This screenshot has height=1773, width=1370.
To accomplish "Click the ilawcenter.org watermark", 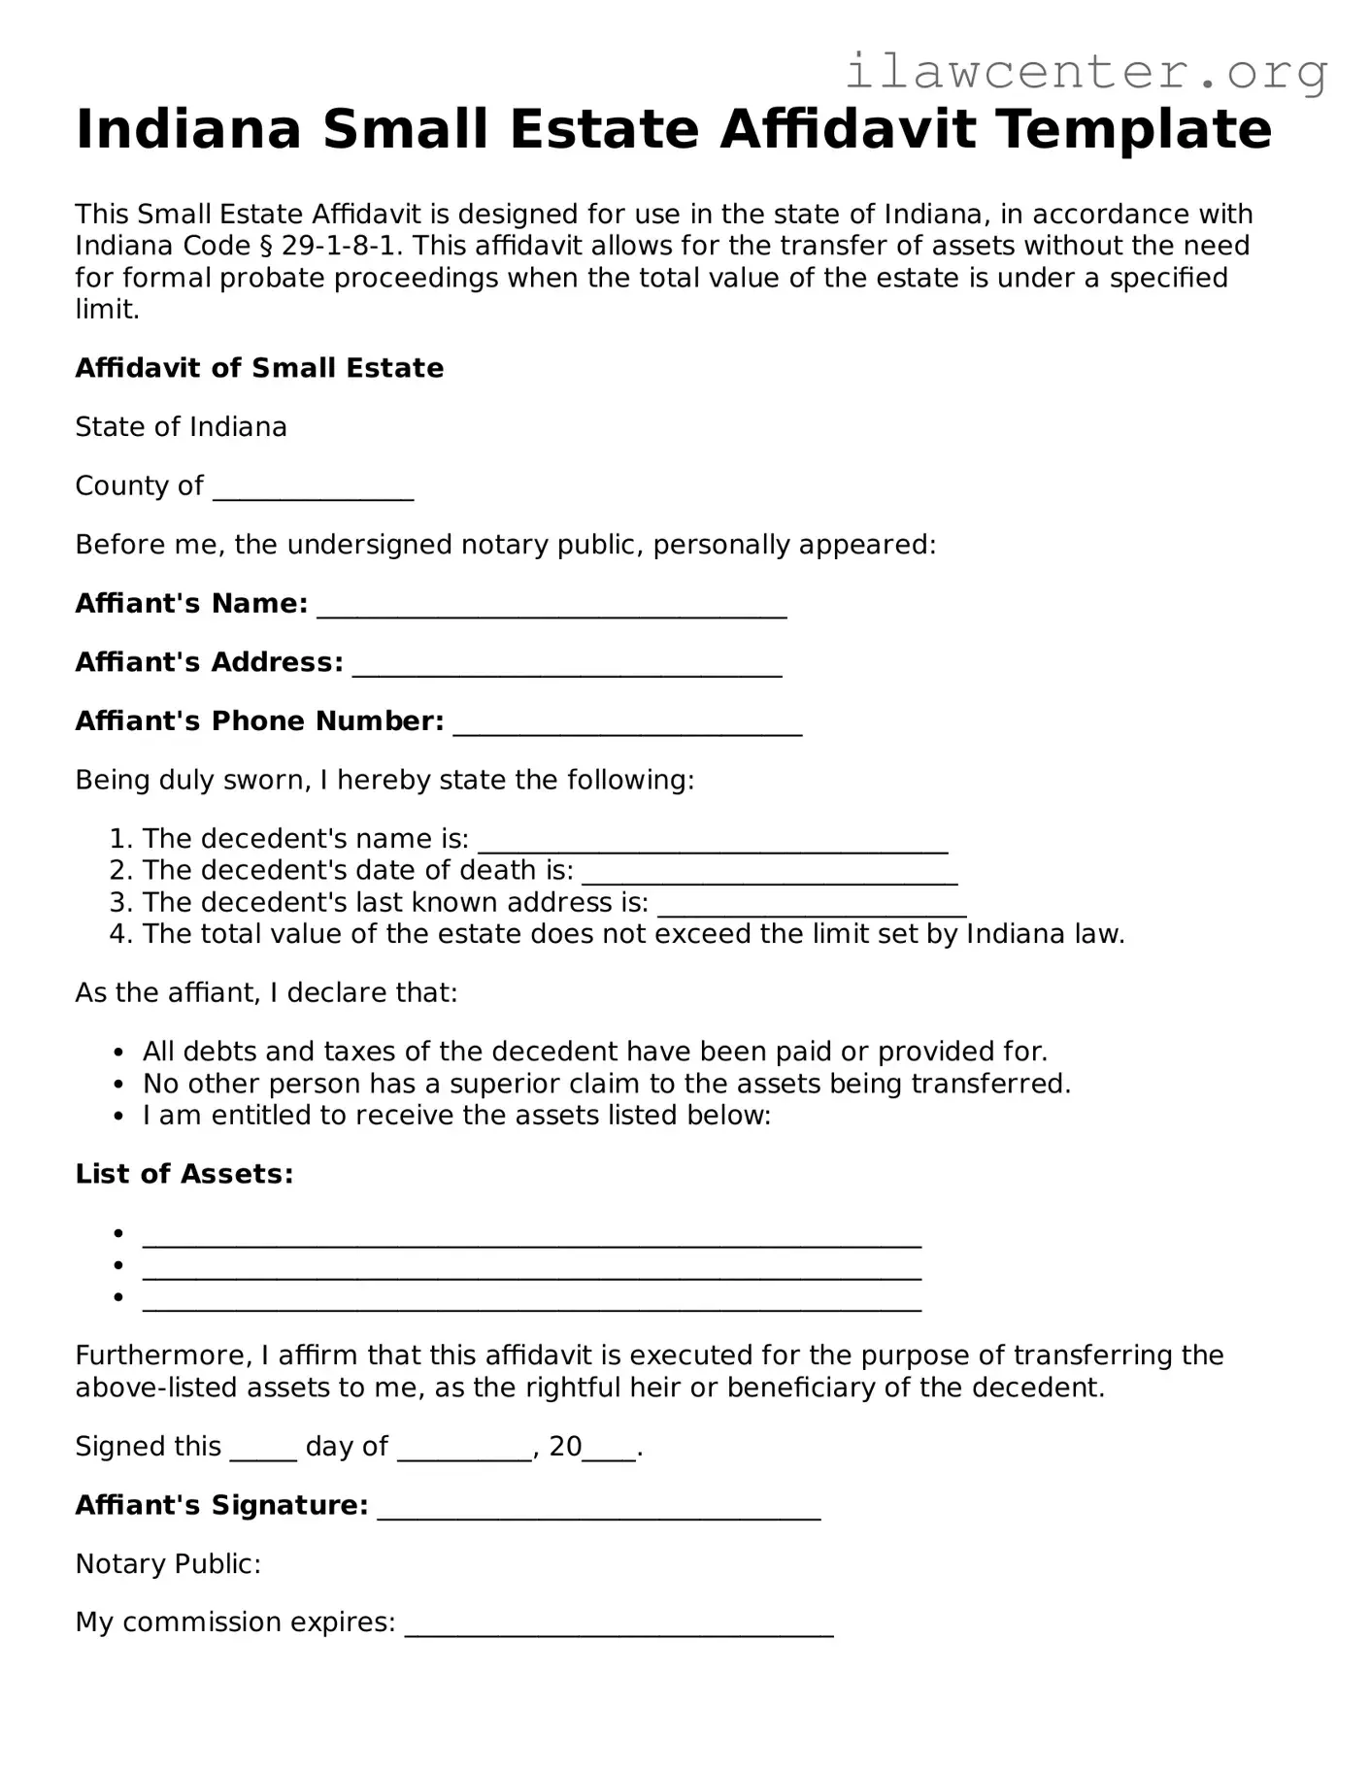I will [x=1086, y=72].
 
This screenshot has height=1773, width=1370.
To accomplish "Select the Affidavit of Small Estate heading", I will [x=259, y=368].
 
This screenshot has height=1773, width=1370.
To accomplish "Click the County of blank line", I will [x=313, y=488].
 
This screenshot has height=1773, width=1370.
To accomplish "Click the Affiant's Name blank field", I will [x=551, y=607].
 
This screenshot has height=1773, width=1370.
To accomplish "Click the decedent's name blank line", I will [x=712, y=842].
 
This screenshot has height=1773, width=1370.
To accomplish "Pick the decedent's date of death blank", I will [x=769, y=874].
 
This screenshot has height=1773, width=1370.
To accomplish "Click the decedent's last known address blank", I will [x=812, y=906].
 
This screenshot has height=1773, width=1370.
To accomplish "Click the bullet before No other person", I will [x=118, y=1085].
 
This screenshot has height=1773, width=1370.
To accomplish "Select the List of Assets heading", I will [x=184, y=1174].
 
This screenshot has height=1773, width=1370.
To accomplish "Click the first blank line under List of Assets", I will [x=531, y=1236].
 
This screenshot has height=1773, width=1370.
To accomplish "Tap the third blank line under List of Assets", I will [x=531, y=1300].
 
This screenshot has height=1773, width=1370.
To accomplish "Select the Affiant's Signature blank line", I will [x=598, y=1509].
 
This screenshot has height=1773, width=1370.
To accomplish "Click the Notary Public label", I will [x=168, y=1564].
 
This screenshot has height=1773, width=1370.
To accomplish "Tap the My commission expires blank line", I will [x=618, y=1626].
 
